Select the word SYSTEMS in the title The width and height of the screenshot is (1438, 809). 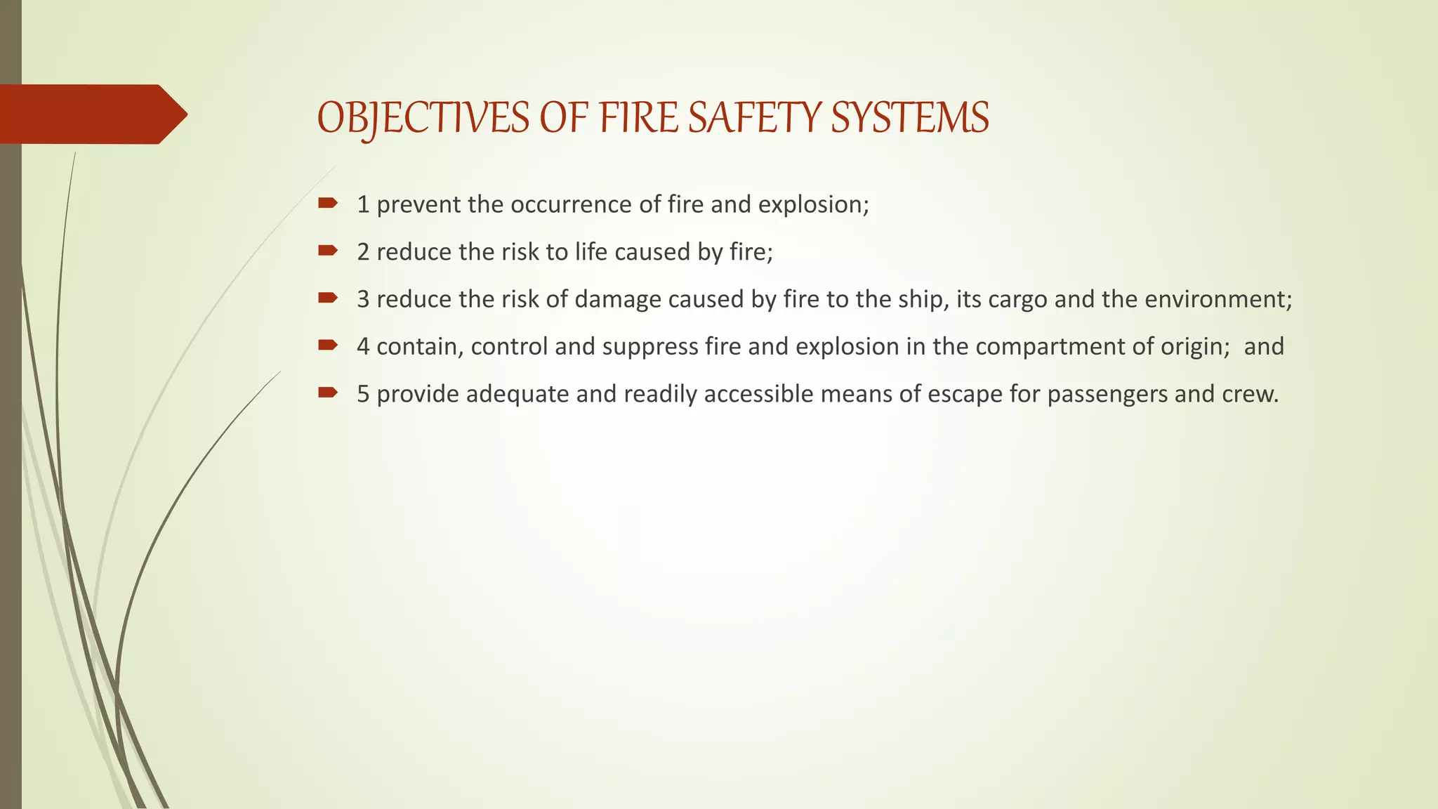tap(910, 117)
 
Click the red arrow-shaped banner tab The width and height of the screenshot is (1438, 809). tap(91, 114)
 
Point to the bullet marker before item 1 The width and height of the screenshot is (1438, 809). tap(327, 204)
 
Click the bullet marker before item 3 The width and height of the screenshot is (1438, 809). tap(327, 298)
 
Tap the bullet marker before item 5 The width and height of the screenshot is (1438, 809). tap(327, 393)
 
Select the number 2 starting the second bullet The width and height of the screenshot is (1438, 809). tap(363, 251)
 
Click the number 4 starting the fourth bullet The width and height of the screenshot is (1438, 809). tap(363, 346)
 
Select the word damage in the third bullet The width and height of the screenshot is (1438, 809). tap(618, 299)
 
